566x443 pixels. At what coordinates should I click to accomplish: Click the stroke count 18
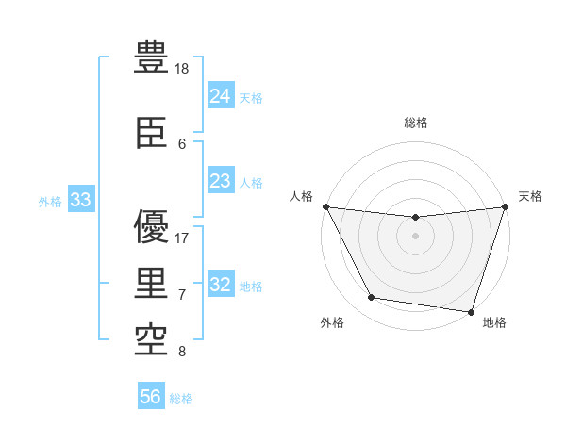(x=183, y=68)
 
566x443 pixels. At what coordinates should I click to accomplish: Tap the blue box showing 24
(x=220, y=96)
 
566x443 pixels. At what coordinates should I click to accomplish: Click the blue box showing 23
(x=220, y=181)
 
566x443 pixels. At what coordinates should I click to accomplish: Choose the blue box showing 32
(x=220, y=285)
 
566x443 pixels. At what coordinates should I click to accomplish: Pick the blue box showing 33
(x=80, y=200)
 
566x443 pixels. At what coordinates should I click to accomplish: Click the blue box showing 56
(x=151, y=397)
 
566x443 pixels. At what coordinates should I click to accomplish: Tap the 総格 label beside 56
(x=181, y=399)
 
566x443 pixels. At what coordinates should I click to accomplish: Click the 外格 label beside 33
(x=50, y=201)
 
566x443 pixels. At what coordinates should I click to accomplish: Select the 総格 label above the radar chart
(x=416, y=122)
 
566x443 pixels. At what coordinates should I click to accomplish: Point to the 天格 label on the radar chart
(x=530, y=196)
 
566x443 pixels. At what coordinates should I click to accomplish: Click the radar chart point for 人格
(x=325, y=206)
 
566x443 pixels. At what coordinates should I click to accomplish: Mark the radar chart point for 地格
(x=471, y=311)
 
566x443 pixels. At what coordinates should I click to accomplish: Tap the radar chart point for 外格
(x=372, y=298)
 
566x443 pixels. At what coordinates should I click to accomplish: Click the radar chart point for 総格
(x=415, y=217)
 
